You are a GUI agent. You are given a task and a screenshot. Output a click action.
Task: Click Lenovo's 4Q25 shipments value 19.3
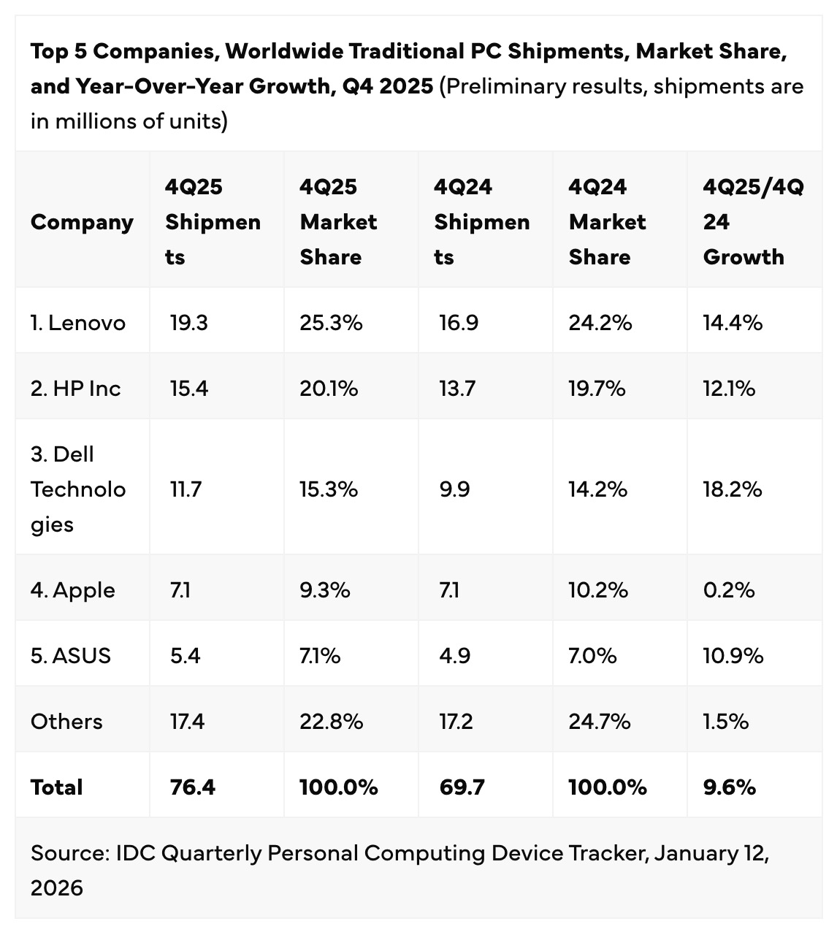point(188,323)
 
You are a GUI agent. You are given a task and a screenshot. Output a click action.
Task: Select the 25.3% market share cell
point(331,323)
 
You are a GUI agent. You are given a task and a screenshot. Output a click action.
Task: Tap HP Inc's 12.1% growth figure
point(729,389)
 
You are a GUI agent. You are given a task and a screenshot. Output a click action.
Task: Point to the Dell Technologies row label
point(77,489)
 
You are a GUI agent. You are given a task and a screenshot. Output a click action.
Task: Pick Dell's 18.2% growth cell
point(733,489)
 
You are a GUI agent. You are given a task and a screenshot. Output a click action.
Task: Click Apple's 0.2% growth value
point(729,590)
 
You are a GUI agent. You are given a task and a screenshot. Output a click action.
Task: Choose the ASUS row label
point(71,656)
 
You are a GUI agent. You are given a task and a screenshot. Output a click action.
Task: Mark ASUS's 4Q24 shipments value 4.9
point(454,656)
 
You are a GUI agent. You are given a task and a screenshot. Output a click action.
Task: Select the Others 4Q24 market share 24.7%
point(600,722)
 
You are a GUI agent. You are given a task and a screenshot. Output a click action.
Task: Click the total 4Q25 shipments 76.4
point(192,787)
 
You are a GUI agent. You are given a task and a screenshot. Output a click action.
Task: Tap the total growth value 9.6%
point(729,787)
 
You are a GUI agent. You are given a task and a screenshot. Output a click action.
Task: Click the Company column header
point(82,222)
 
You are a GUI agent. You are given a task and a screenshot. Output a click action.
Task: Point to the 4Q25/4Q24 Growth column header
point(752,222)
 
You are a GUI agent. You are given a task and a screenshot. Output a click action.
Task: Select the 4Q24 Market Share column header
point(607,222)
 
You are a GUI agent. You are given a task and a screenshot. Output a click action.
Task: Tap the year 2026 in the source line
point(57,888)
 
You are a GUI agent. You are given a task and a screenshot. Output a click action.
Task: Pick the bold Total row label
point(56,787)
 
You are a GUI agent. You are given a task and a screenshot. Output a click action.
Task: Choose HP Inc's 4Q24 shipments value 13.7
point(457,389)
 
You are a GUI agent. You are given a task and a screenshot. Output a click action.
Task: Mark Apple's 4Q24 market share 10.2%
point(598,590)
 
